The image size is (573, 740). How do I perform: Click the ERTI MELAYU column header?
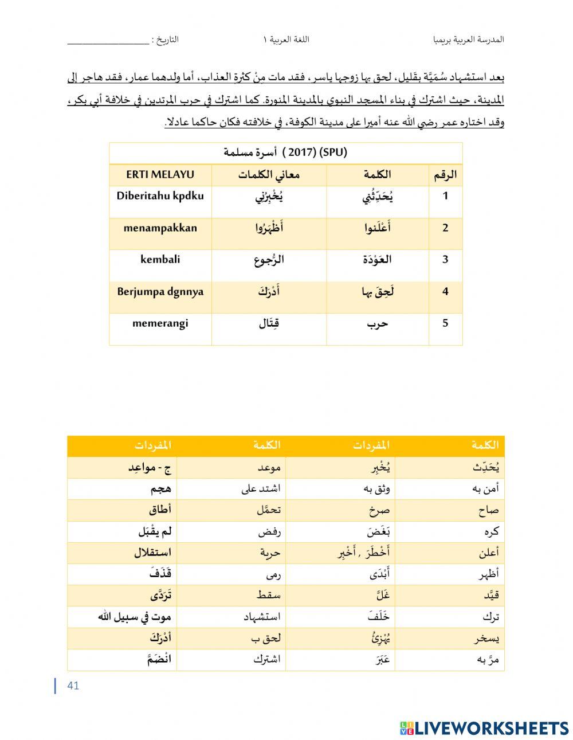(160, 175)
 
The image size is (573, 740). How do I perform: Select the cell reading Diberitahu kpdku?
(160, 195)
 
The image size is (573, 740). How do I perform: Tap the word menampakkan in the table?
(160, 228)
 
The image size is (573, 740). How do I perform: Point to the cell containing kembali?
(160, 259)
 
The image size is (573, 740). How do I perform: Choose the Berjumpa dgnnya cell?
(160, 291)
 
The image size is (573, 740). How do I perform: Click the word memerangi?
(160, 323)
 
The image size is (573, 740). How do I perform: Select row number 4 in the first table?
(445, 291)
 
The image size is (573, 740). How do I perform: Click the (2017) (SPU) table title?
(285, 152)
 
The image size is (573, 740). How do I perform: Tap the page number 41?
(73, 686)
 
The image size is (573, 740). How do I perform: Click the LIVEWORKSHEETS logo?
(484, 728)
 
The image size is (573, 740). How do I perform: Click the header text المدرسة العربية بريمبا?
(468, 40)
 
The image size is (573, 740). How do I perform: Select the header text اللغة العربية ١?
(286, 40)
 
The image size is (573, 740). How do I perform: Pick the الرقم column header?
(445, 175)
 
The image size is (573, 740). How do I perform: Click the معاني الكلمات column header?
(269, 175)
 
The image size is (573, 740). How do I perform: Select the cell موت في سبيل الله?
(135, 617)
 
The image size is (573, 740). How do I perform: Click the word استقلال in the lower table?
(152, 553)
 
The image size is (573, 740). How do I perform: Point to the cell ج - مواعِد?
(150, 468)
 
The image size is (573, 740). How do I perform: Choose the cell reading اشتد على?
(261, 489)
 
